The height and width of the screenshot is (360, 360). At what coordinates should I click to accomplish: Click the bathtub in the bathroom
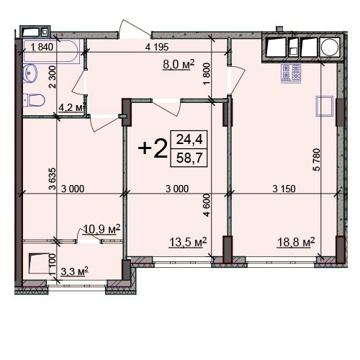[51, 52]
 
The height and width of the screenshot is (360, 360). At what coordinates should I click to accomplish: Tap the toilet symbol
[34, 100]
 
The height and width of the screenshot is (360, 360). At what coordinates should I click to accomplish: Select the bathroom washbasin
[30, 73]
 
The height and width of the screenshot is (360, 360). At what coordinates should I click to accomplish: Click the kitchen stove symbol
[291, 73]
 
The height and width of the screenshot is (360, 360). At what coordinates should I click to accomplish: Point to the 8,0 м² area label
[179, 65]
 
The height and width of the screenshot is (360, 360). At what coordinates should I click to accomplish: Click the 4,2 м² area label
[72, 107]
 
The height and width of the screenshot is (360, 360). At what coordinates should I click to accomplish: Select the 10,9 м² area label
[102, 229]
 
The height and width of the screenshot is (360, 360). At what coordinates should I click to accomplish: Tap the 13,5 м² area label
[188, 242]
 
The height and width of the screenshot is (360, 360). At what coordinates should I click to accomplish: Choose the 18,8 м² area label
[296, 242]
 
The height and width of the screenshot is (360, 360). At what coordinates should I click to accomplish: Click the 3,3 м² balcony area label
[74, 271]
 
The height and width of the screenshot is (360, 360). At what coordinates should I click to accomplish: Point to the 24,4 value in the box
[189, 139]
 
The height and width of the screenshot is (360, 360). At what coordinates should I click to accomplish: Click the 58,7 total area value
[189, 158]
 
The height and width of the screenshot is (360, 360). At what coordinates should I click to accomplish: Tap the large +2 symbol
[153, 148]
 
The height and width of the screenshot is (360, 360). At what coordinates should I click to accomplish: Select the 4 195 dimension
[157, 47]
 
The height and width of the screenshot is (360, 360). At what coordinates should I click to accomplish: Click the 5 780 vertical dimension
[317, 160]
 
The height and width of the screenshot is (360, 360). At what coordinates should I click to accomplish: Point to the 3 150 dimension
[284, 189]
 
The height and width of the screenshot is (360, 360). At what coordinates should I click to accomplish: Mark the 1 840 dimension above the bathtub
[42, 47]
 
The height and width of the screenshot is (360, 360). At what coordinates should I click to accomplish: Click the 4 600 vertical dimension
[207, 205]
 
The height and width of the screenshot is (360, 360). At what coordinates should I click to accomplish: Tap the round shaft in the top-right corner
[330, 48]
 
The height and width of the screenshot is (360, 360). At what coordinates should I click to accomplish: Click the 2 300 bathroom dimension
[52, 77]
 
